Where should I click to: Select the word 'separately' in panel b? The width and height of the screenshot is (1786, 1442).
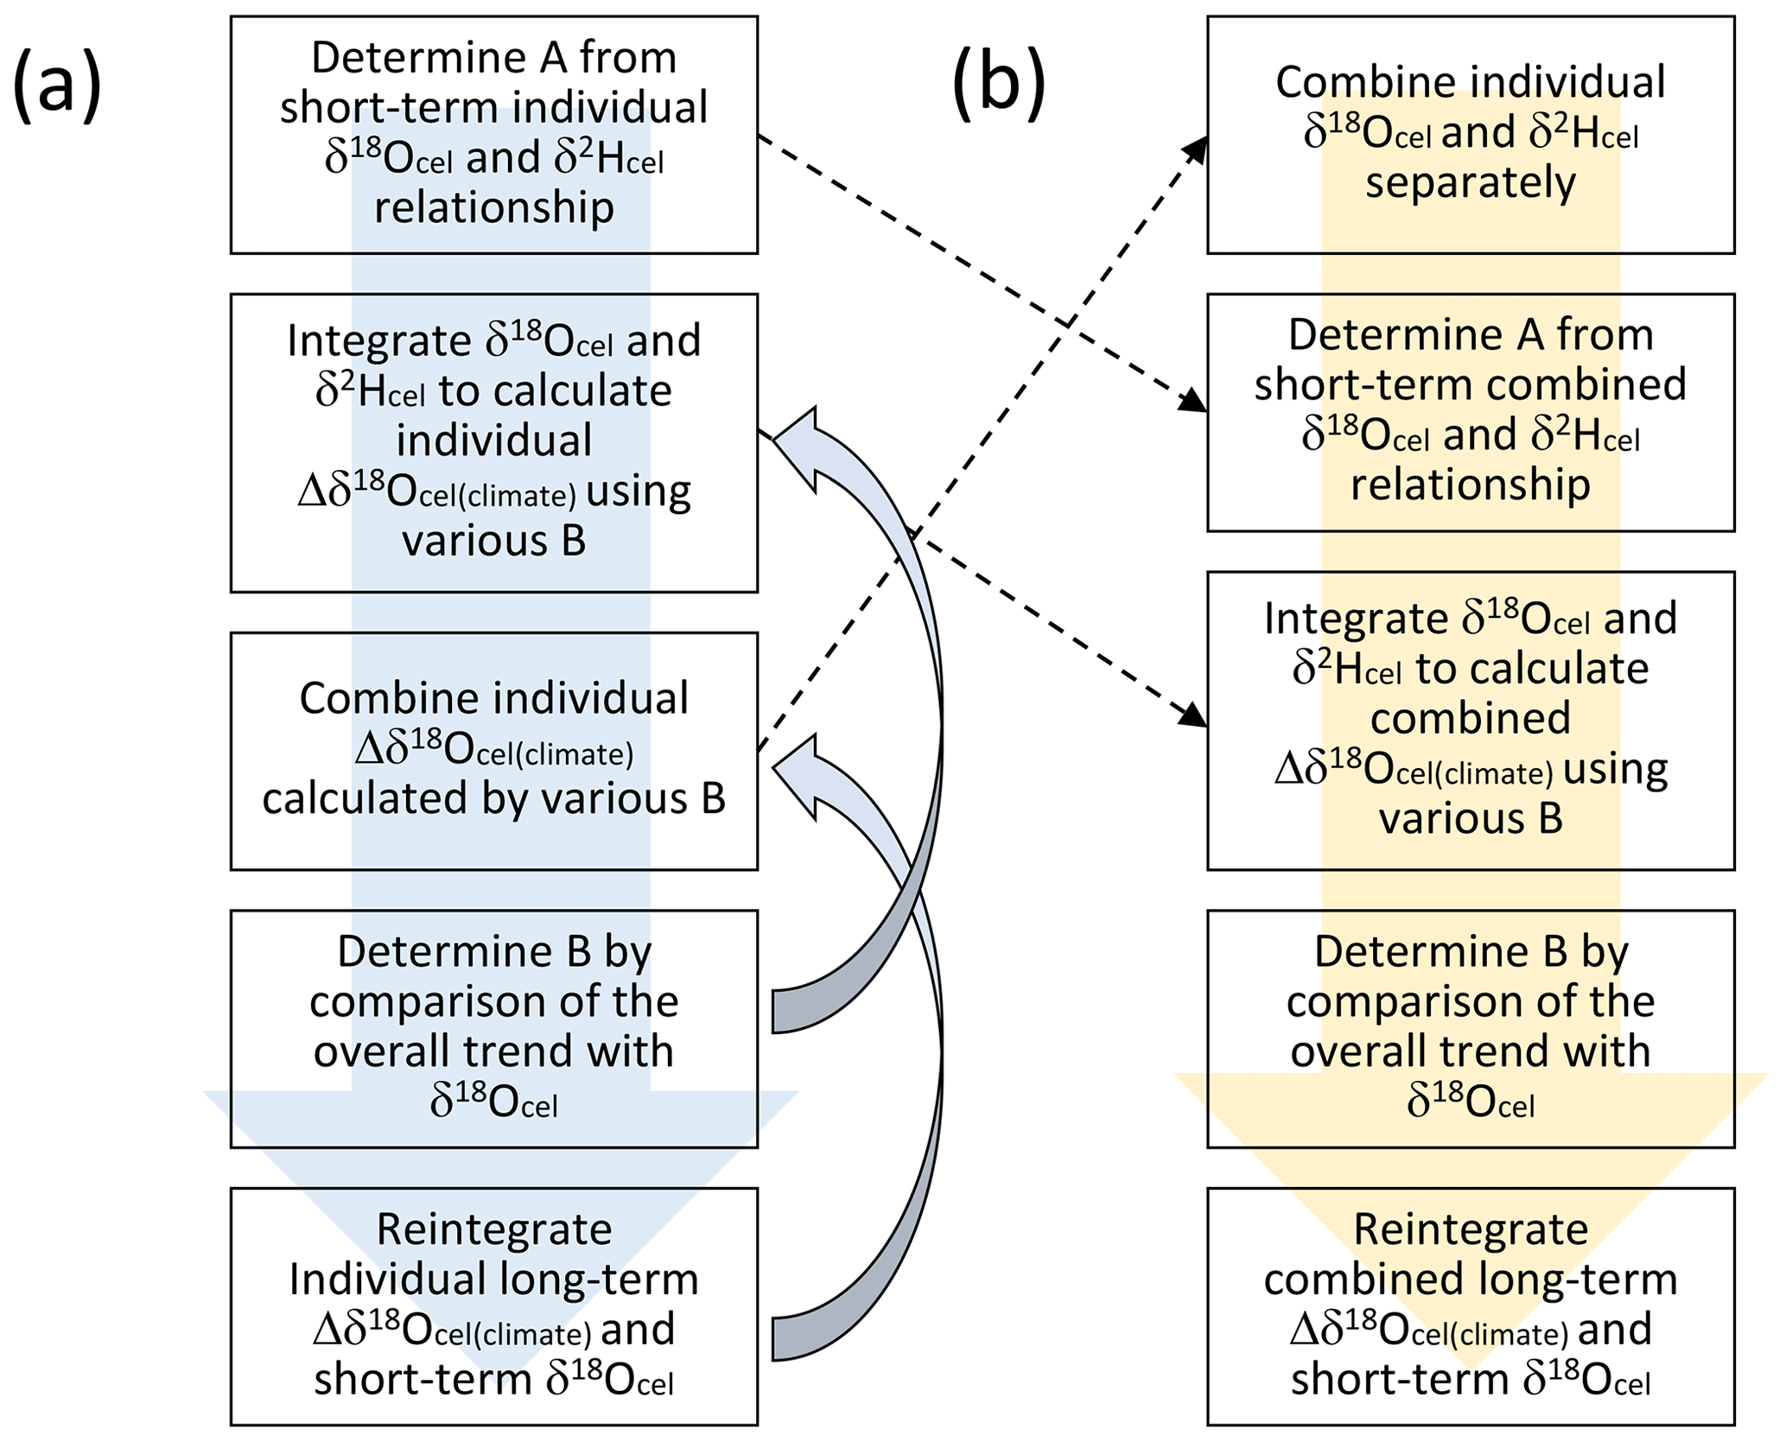pyautogui.click(x=1470, y=183)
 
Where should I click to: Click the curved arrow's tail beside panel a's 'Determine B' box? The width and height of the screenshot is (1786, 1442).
pyautogui.click(x=783, y=1010)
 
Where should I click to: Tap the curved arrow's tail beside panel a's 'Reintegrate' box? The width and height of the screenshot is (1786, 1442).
pyautogui.click(x=783, y=1338)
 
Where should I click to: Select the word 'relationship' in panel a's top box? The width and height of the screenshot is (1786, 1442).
pyautogui.click(x=493, y=208)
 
